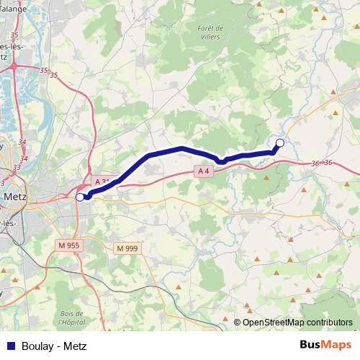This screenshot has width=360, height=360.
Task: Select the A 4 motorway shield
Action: [204, 171]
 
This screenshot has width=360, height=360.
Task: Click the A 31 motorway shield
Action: [102, 182]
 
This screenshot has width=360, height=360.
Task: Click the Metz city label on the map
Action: [15, 196]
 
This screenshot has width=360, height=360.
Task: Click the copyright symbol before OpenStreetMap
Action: [238, 323]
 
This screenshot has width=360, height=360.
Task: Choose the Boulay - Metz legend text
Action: [54, 346]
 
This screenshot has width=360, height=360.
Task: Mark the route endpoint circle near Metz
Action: [79, 195]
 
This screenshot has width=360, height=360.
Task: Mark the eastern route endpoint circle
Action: [280, 143]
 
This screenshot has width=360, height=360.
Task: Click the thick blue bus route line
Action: [180, 149]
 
